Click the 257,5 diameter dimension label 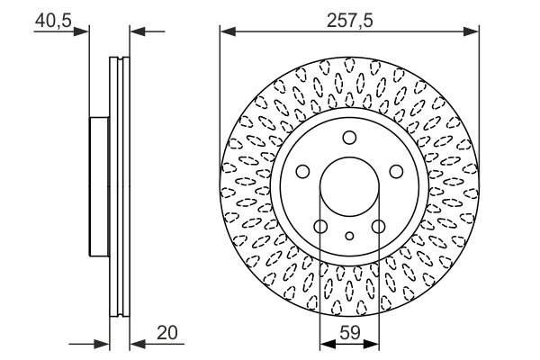click(349, 21)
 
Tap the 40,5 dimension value click(53, 21)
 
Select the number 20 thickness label click(167, 333)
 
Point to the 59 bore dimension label click(350, 333)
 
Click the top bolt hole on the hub click(349, 138)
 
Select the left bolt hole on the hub click(302, 171)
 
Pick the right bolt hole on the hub click(396, 171)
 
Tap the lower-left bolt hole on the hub click(320, 226)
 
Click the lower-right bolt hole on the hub click(379, 226)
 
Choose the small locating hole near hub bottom click(349, 236)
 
